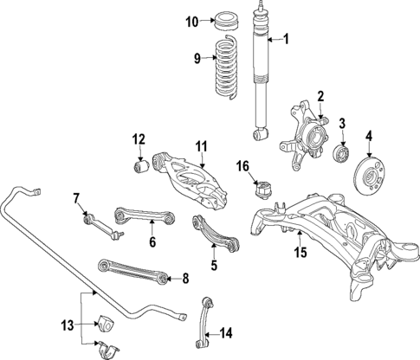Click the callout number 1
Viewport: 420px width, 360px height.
coord(288,38)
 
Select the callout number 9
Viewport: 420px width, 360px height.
coord(197,58)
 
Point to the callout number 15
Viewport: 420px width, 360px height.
coord(300,254)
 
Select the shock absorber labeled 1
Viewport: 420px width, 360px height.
coord(259,78)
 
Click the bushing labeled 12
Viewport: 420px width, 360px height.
coord(137,165)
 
